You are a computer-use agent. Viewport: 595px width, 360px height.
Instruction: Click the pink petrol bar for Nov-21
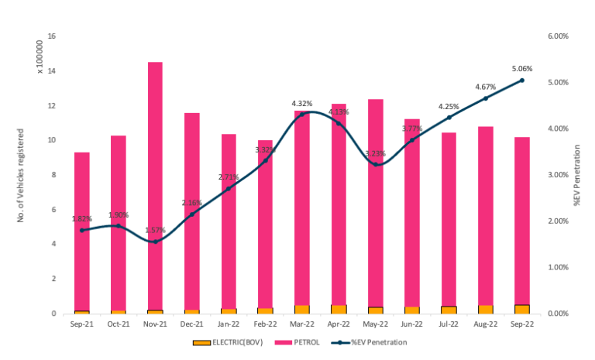coord(155,186)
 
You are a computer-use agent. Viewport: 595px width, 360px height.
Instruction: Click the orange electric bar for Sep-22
coord(522,309)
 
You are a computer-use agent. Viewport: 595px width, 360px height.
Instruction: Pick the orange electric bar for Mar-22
coord(302,309)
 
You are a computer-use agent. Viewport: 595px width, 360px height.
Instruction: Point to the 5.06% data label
coord(521,68)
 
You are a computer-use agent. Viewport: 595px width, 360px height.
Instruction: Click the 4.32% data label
coord(302,103)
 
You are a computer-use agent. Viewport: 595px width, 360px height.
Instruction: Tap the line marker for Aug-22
coord(486,98)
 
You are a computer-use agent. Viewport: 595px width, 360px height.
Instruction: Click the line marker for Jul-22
coord(449,118)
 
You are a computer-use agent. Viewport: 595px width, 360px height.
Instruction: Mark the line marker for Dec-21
coord(192,214)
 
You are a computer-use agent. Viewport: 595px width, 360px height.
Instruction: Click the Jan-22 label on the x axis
coord(229,324)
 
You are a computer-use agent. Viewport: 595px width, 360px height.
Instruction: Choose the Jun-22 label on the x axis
coord(412,324)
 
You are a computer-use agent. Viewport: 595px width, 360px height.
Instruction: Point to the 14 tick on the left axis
coord(51,71)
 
